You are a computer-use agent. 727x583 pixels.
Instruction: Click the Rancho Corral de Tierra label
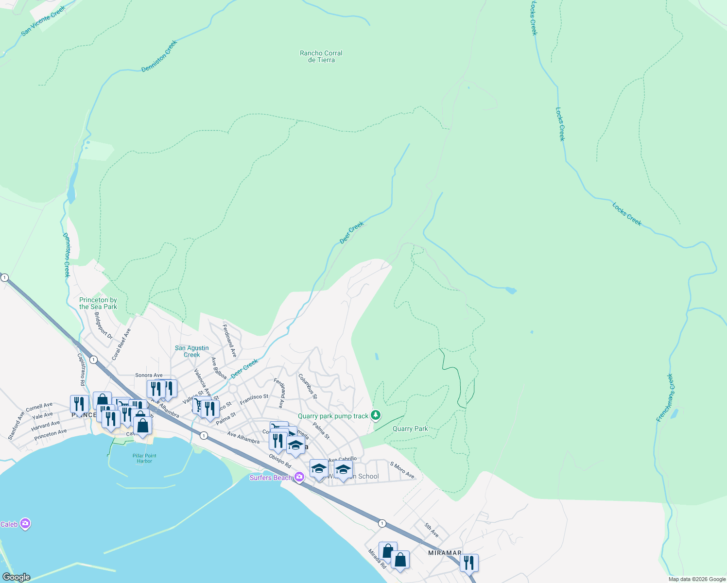pyautogui.click(x=321, y=56)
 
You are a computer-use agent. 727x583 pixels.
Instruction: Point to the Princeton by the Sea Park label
pyautogui.click(x=98, y=303)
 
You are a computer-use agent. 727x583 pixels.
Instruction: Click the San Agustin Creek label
pyautogui.click(x=192, y=351)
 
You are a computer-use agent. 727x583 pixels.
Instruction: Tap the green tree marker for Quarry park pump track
pyautogui.click(x=375, y=415)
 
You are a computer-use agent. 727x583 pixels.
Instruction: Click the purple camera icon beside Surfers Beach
pyautogui.click(x=299, y=477)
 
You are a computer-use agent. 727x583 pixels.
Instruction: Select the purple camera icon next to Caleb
pyautogui.click(x=25, y=524)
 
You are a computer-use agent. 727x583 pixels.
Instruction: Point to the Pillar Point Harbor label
pyautogui.click(x=144, y=458)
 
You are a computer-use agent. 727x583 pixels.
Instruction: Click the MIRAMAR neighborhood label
pyautogui.click(x=445, y=553)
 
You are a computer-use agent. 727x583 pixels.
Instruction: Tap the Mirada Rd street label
pyautogui.click(x=377, y=559)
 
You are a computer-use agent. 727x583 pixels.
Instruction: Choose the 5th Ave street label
pyautogui.click(x=431, y=530)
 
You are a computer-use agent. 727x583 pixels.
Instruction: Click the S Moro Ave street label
pyautogui.click(x=402, y=470)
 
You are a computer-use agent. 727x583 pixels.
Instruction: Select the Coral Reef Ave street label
pyautogui.click(x=121, y=344)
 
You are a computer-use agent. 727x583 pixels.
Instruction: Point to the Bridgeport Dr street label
pyautogui.click(x=103, y=326)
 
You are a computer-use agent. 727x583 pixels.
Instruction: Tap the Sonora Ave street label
pyautogui.click(x=149, y=375)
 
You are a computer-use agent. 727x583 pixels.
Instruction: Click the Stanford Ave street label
pyautogui.click(x=16, y=426)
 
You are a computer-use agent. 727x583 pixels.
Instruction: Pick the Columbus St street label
pyautogui.click(x=308, y=386)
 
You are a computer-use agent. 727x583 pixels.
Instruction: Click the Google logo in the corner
pyautogui.click(x=16, y=577)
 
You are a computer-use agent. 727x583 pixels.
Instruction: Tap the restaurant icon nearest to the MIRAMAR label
pyautogui.click(x=469, y=563)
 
